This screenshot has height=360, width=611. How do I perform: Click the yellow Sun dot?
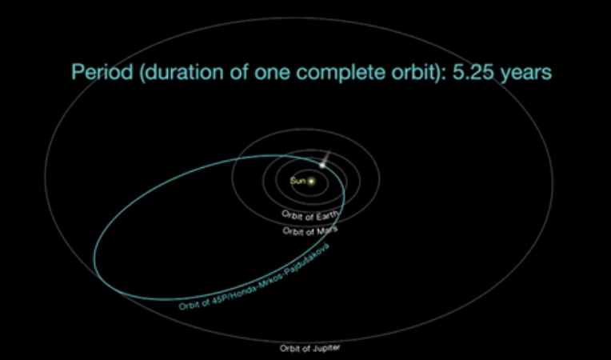click(311, 181)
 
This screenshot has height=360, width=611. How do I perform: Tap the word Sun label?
click(298, 181)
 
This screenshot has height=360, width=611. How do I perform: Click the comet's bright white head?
click(322, 165)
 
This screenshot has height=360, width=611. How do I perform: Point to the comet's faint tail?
click(326, 157)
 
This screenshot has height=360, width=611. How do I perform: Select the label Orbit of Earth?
click(310, 216)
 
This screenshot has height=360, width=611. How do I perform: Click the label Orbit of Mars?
click(310, 231)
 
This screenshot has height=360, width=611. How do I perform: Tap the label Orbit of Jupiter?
click(309, 348)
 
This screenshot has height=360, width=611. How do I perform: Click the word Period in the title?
click(102, 73)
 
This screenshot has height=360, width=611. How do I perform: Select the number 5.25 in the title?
click(473, 73)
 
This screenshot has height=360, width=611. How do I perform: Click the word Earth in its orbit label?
click(328, 216)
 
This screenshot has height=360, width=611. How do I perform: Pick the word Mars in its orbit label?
click(327, 230)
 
